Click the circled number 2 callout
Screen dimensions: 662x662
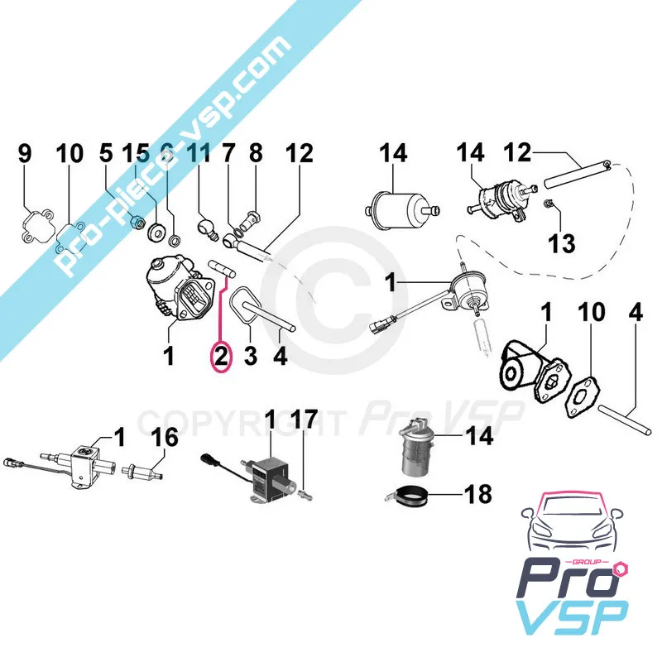[x=221, y=357]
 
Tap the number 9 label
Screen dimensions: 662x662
[x=25, y=153]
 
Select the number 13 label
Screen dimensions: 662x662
[x=562, y=243]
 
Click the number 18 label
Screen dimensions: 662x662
[x=478, y=493]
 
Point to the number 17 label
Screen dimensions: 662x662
[x=304, y=419]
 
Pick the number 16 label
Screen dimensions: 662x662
[x=165, y=437]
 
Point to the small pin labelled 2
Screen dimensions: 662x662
[x=222, y=270]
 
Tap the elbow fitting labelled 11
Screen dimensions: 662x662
[x=207, y=228]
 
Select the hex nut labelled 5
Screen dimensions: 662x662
[x=137, y=220]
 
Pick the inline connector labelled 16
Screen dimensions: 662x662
[x=142, y=471]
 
